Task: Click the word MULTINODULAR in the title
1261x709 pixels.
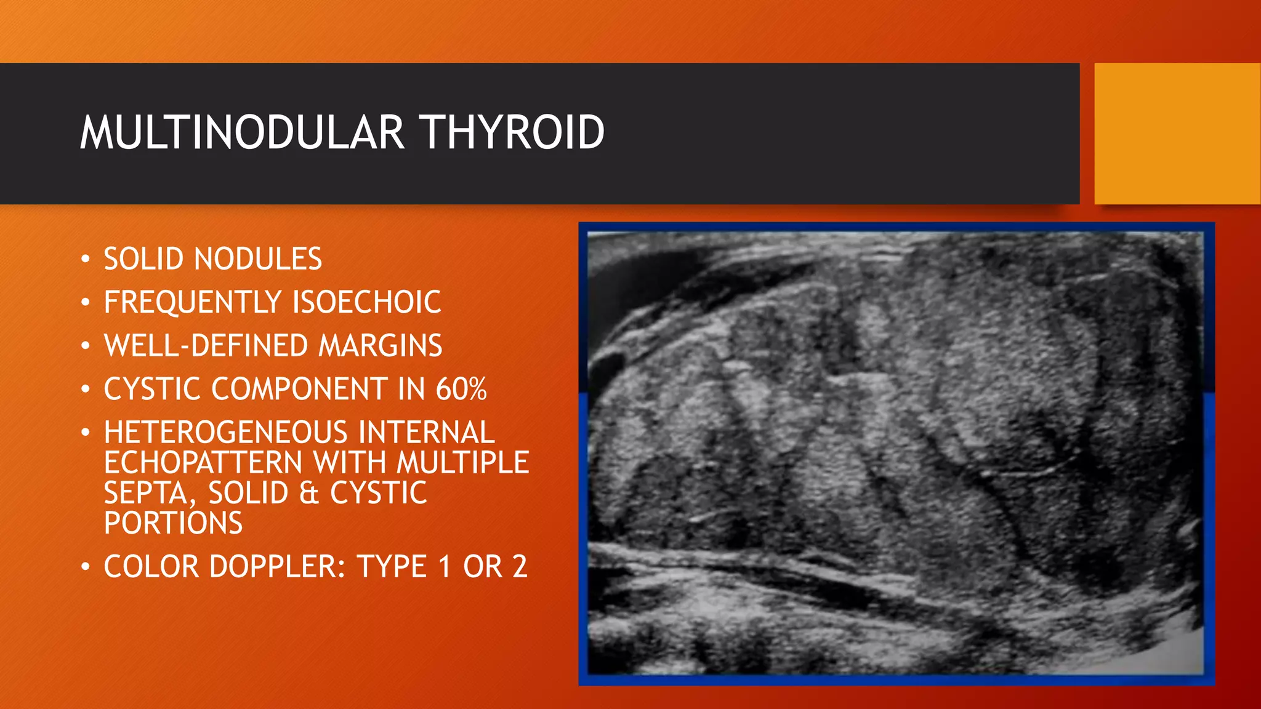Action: point(242,132)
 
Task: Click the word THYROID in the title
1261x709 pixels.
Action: point(512,132)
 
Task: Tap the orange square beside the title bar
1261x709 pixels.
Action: point(1177,134)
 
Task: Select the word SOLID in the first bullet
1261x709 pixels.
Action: point(143,259)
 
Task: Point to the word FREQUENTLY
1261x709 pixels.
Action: point(193,303)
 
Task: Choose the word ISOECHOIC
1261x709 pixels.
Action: point(366,303)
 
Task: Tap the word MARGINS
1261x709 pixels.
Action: point(380,346)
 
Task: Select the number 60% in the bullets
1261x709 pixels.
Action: point(461,390)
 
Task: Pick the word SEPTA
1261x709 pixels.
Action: point(147,494)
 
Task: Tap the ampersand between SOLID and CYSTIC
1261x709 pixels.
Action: point(309,494)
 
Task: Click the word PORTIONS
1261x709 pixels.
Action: point(173,523)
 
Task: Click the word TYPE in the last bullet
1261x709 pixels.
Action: point(392,567)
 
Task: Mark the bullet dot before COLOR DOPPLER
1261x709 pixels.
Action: point(86,566)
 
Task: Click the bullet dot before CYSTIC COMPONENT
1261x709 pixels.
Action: point(86,389)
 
